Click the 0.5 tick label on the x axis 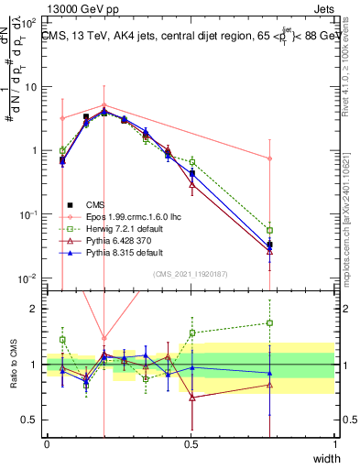click(x=191, y=444)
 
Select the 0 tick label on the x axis click(x=47, y=444)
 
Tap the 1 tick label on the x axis click(x=334, y=444)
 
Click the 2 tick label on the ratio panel click(x=34, y=309)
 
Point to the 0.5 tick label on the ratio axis click(x=29, y=420)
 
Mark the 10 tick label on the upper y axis click(x=29, y=87)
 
